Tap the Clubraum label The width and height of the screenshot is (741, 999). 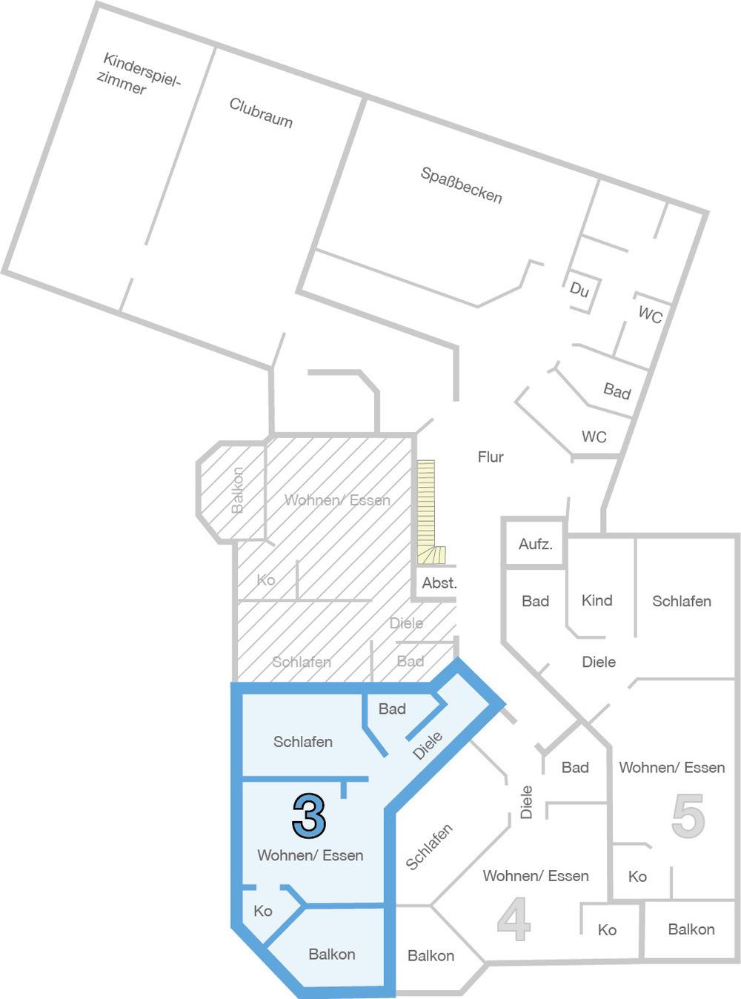(261, 113)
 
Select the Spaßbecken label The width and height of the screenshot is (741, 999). (461, 185)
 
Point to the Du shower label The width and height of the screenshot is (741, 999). (579, 289)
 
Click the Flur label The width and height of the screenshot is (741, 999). (491, 457)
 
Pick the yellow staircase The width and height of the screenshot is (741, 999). (428, 512)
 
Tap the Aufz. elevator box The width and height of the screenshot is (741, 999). (535, 543)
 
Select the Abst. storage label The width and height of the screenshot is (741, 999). (439, 583)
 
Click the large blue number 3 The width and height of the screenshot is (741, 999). (308, 816)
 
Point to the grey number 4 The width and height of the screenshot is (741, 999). (514, 919)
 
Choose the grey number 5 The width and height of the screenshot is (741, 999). (688, 816)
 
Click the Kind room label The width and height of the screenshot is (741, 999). (597, 600)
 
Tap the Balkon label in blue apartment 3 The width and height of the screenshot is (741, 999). (331, 954)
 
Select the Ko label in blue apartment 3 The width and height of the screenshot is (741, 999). (262, 911)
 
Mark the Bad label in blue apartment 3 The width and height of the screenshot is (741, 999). (392, 708)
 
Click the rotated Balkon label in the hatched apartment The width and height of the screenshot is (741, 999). (237, 490)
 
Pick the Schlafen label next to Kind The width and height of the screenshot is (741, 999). (682, 601)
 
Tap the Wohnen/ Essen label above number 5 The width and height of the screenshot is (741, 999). (671, 767)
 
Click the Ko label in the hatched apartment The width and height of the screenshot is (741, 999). (266, 580)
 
